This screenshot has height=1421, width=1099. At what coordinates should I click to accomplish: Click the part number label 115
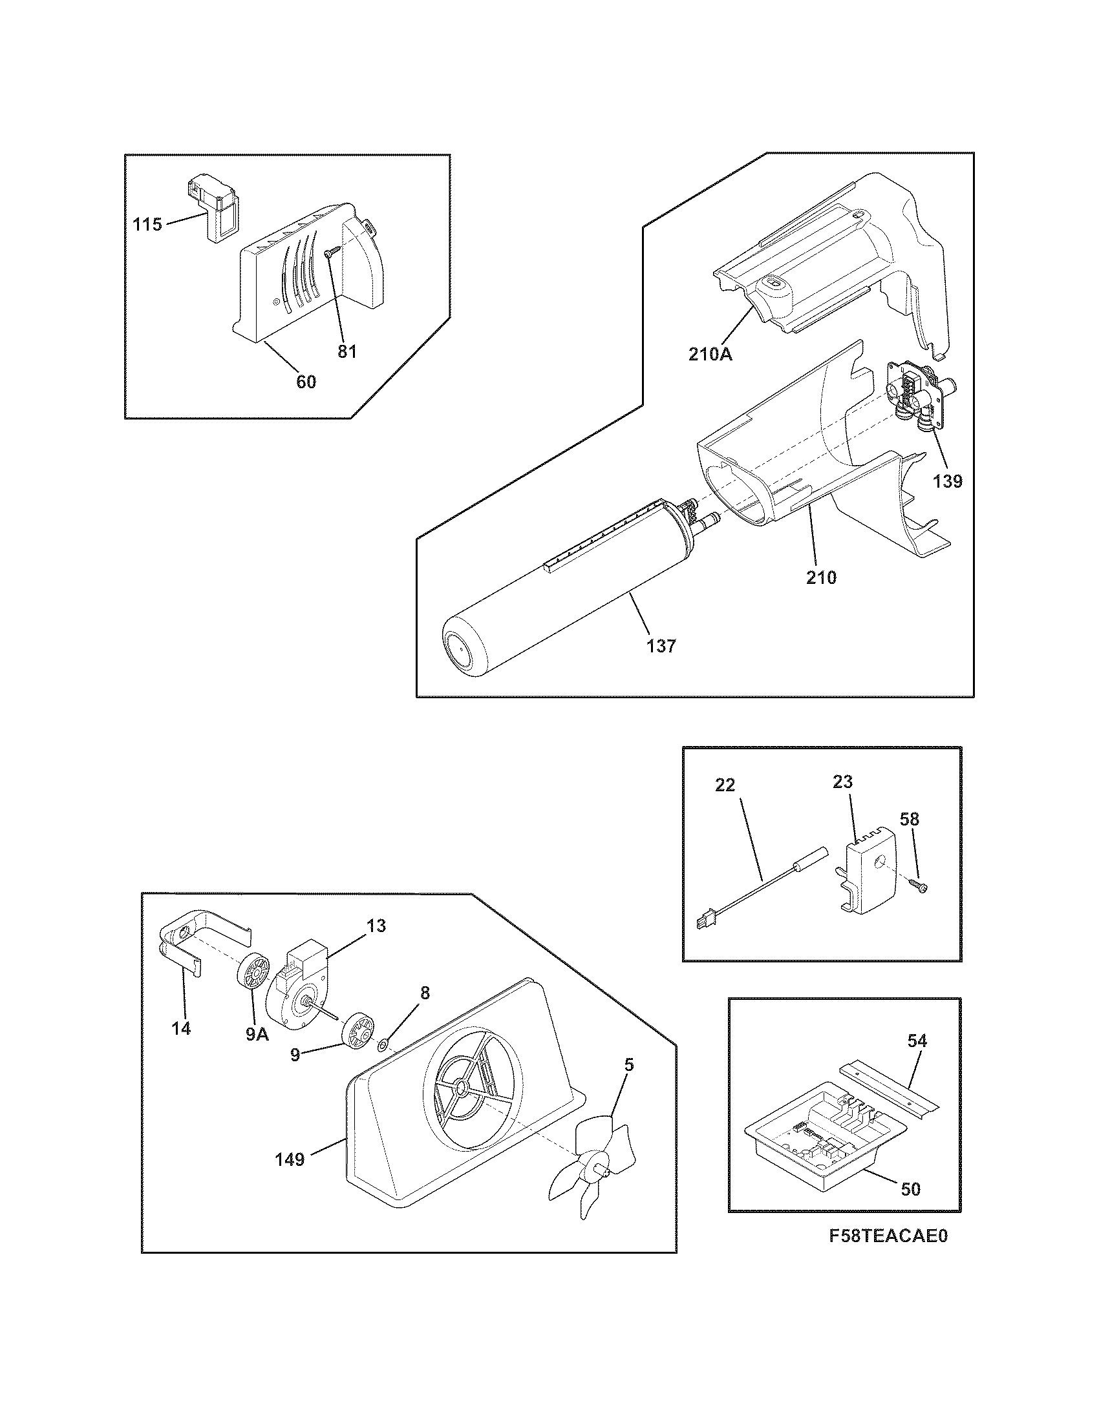click(x=147, y=225)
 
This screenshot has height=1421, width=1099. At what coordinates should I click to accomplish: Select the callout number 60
click(x=306, y=382)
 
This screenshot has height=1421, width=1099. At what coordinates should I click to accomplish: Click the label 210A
click(x=710, y=355)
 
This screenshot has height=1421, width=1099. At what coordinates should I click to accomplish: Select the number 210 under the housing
click(x=821, y=577)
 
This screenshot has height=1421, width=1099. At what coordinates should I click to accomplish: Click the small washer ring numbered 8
click(x=383, y=1046)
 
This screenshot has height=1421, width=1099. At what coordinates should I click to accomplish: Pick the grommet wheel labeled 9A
click(x=253, y=990)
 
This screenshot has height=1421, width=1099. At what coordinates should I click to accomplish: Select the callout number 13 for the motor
click(x=376, y=925)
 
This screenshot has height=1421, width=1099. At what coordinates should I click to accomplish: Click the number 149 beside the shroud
click(x=290, y=1159)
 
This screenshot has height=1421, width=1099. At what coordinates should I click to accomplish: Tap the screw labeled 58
click(x=917, y=884)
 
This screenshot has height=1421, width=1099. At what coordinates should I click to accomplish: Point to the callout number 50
click(x=911, y=1189)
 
